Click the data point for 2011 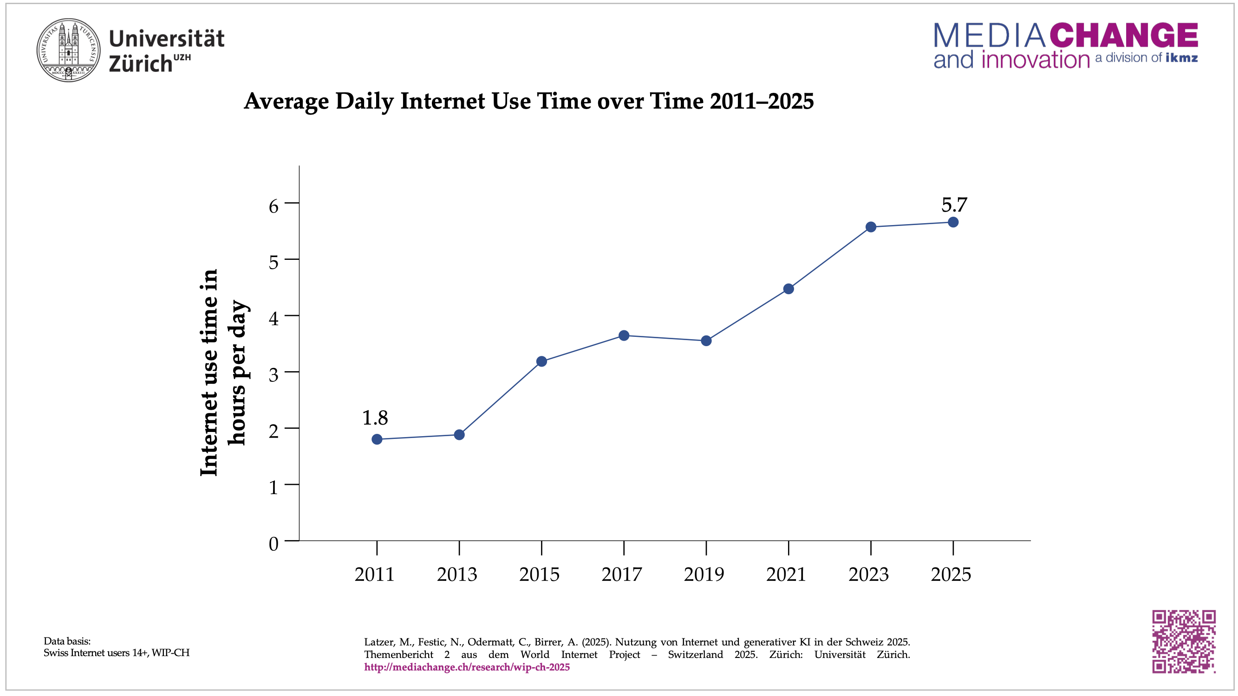[377, 439]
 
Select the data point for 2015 [541, 361]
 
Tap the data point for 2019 [706, 341]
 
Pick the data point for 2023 [870, 227]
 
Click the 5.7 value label [953, 205]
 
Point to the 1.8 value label [374, 418]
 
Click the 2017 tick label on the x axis [621, 574]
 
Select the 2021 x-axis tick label [786, 574]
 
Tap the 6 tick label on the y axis [274, 206]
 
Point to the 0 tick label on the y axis [274, 544]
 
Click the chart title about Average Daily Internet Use [528, 101]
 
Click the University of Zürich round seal [69, 50]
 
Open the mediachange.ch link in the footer [467, 667]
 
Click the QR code [1184, 641]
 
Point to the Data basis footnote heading [67, 641]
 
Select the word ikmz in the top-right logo [1181, 58]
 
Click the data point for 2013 [459, 435]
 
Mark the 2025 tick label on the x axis [951, 574]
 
